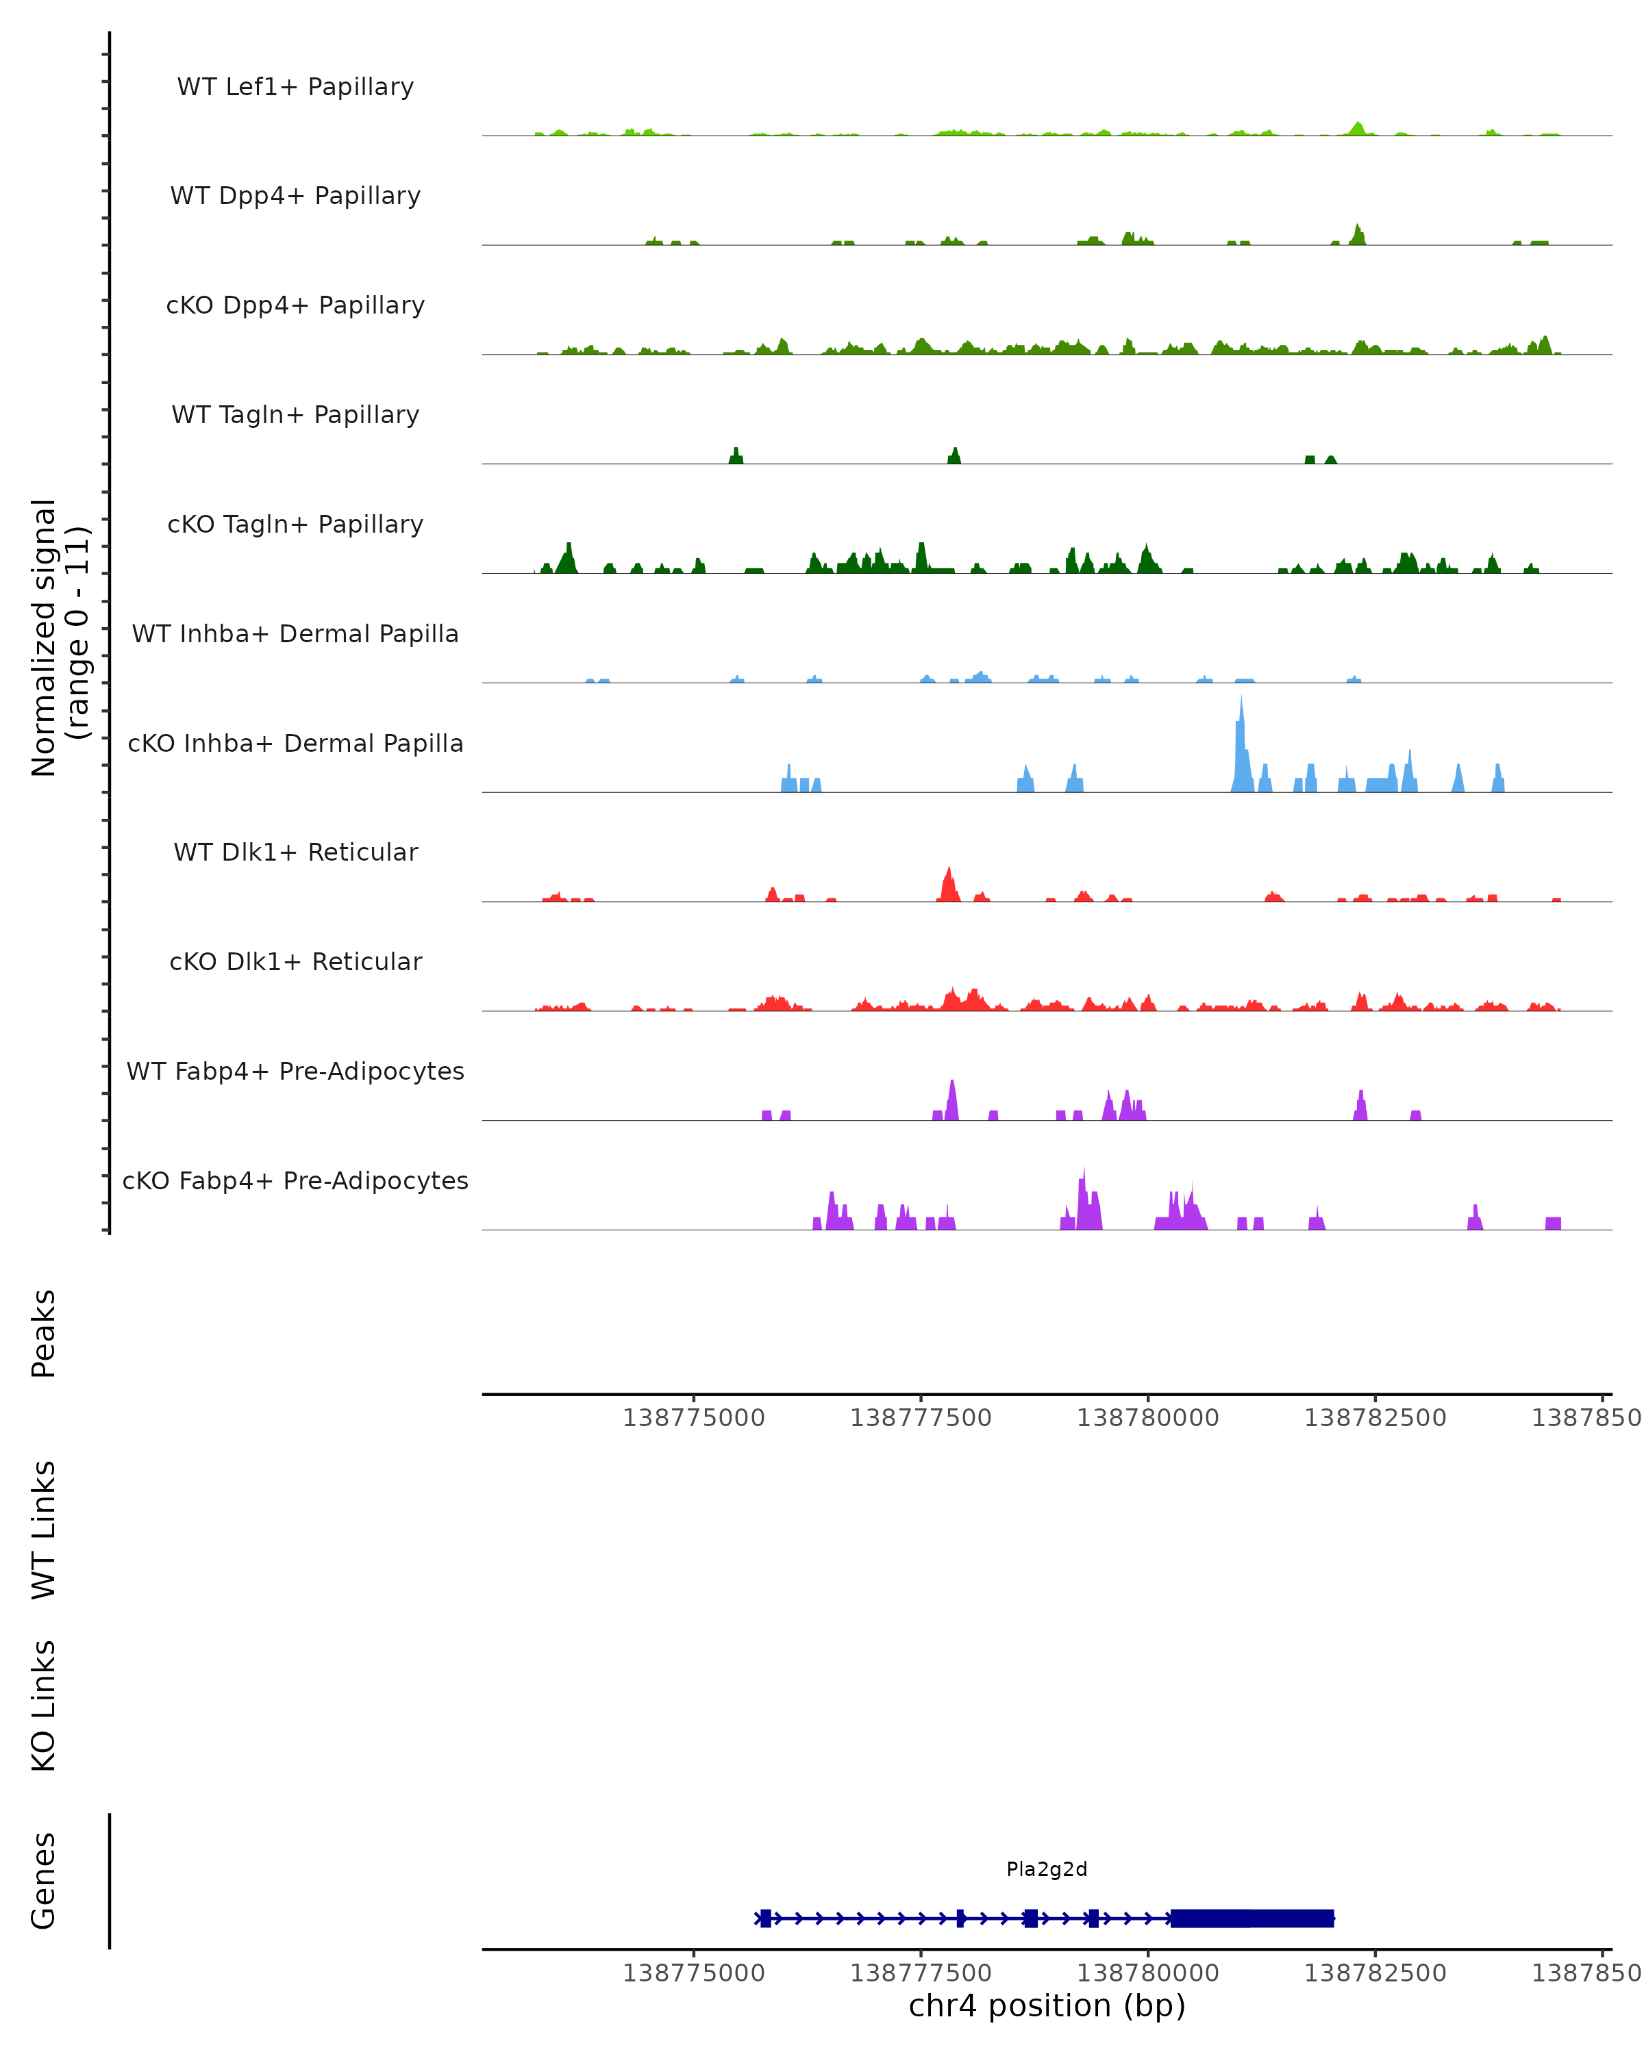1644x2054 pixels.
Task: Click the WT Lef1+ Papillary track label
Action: click(295, 87)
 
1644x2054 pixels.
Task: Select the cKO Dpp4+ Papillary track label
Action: click(295, 305)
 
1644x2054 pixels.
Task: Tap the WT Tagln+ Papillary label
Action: click(295, 414)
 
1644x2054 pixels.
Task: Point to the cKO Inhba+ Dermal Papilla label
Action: click(295, 743)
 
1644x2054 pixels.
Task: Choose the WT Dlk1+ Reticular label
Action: click(295, 852)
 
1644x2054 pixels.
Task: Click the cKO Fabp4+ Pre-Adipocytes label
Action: click(295, 1180)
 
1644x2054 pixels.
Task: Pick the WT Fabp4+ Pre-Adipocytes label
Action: click(295, 1071)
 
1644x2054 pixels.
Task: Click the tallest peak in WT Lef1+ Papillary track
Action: click(1358, 127)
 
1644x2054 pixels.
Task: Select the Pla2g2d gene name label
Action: click(1047, 1869)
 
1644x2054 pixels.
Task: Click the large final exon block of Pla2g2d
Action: click(1251, 1918)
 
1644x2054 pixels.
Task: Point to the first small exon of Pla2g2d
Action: click(765, 1918)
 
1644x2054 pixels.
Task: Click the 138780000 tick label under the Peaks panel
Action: click(1147, 1418)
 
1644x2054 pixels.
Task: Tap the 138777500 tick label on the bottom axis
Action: click(921, 1973)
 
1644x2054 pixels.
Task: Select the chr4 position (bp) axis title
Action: click(1047, 2006)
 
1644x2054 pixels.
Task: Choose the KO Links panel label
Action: click(44, 1706)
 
